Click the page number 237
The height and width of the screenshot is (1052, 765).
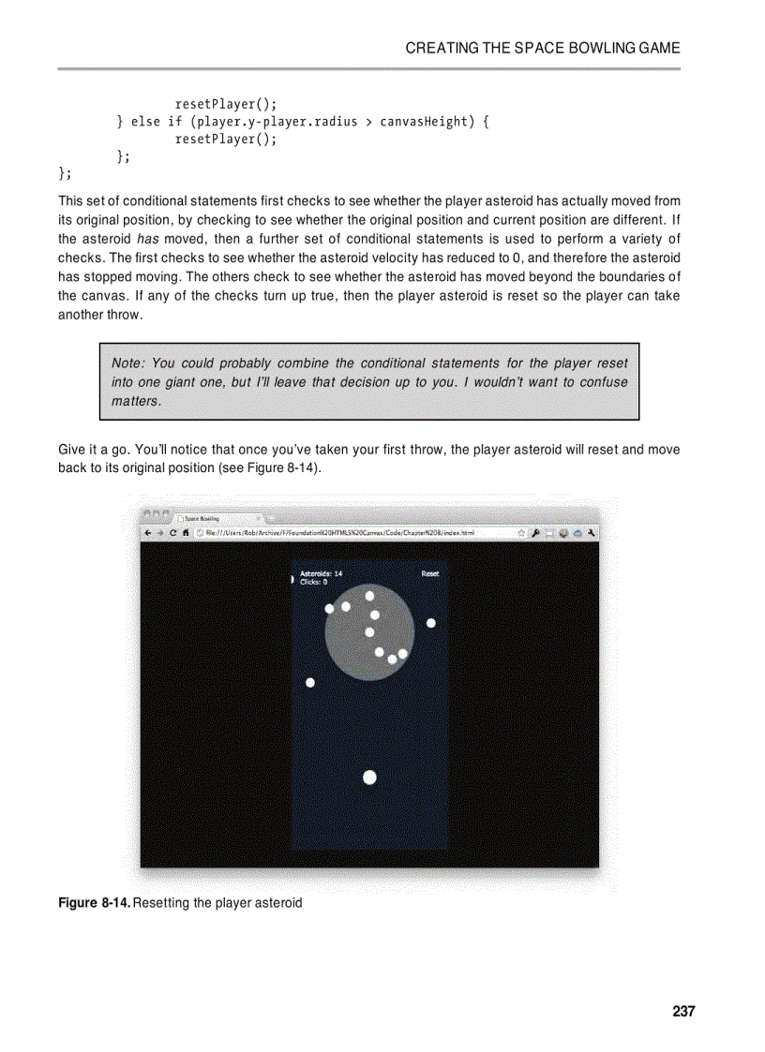683,1011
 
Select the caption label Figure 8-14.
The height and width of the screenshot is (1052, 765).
94,903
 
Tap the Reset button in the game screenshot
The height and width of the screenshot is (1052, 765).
430,573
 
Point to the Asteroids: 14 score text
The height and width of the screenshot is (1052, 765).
321,573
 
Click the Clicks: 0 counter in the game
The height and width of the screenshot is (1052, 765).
313,582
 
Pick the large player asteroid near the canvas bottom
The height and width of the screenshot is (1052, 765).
369,778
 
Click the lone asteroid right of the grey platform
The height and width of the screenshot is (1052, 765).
431,623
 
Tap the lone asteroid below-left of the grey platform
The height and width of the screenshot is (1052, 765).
310,683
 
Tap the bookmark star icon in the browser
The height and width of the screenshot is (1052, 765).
520,532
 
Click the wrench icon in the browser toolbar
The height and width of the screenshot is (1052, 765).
592,532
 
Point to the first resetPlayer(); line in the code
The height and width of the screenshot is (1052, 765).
226,104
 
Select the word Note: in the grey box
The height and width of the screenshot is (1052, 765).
127,363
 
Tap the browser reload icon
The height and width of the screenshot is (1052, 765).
173,532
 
